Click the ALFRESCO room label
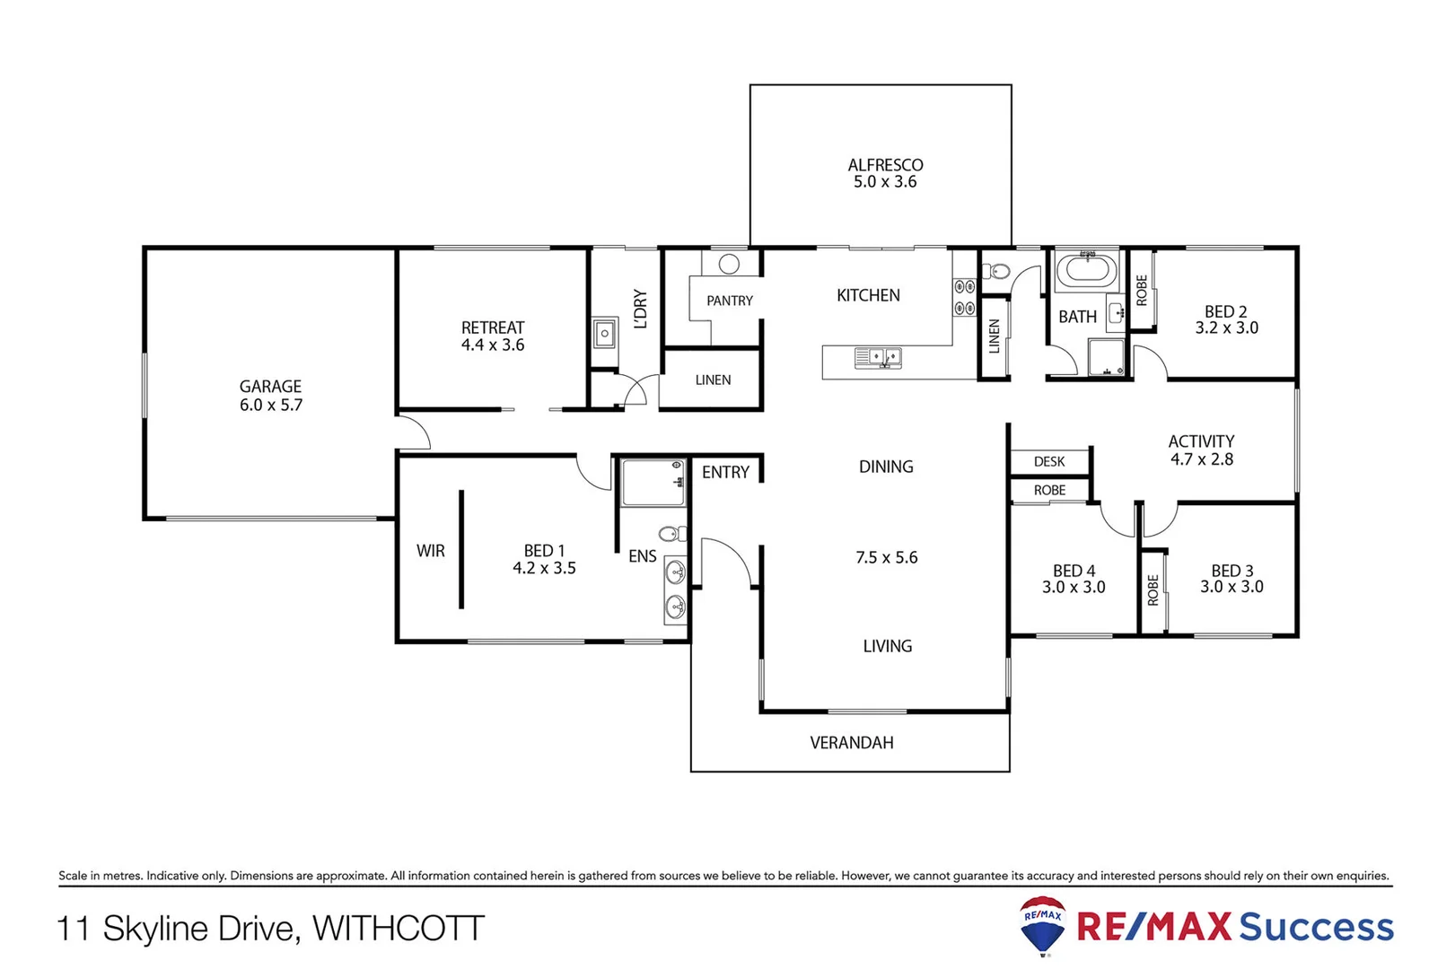point(885,165)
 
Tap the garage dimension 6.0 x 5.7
point(270,405)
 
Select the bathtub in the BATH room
point(1086,270)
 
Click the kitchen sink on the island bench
point(878,358)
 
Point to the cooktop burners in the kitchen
point(964,297)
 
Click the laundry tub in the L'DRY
point(605,334)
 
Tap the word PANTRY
point(729,301)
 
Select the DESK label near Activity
point(1048,461)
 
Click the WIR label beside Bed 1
point(430,551)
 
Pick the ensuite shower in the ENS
point(653,483)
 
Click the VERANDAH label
point(851,743)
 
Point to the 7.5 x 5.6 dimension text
point(886,557)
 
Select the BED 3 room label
point(1231,571)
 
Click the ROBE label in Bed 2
point(1141,291)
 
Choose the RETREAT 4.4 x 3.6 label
point(492,336)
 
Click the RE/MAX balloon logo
point(1042,925)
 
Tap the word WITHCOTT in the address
point(398,928)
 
